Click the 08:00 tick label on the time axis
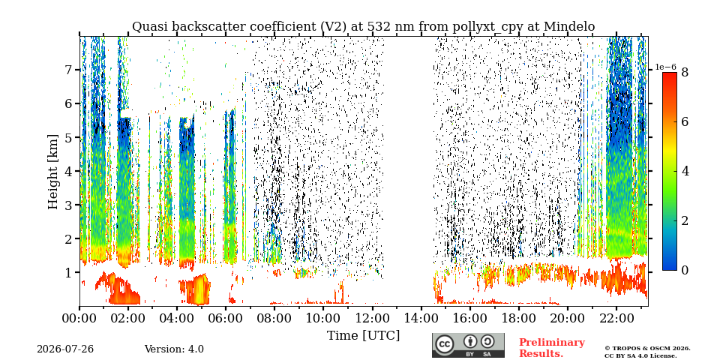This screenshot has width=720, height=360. click(274, 318)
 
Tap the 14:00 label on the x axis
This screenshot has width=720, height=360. click(421, 318)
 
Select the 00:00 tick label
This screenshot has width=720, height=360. click(80, 318)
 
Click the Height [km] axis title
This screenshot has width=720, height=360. click(54, 172)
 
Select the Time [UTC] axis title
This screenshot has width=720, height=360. click(363, 336)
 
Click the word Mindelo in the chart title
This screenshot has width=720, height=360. click(569, 27)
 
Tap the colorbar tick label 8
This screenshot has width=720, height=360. click(685, 72)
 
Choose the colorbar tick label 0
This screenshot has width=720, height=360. click(685, 271)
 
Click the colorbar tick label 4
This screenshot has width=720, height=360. click(685, 171)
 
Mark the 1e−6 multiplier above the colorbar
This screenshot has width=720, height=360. click(666, 67)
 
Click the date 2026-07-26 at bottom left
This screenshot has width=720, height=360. click(65, 349)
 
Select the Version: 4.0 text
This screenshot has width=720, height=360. click(174, 349)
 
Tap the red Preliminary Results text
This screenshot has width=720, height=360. click(552, 348)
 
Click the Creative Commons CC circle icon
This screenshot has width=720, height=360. click(444, 345)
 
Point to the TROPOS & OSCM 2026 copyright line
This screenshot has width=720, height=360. click(647, 349)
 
